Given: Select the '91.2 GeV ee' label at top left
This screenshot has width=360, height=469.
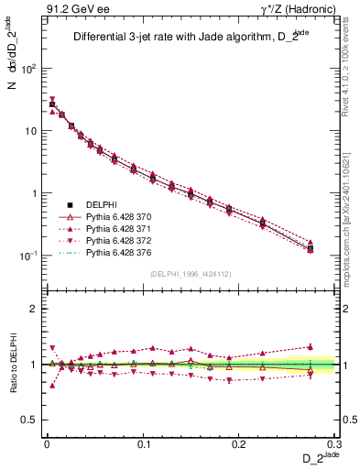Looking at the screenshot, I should click(x=71, y=8).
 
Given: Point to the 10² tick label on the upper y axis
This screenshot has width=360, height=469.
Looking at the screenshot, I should click(x=28, y=69).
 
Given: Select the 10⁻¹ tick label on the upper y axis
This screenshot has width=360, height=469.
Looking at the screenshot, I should click(x=28, y=256).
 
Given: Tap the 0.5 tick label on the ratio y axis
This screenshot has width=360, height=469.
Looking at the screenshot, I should click(x=28, y=420).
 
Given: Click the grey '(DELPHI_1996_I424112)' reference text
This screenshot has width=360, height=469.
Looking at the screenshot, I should click(x=191, y=273).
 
